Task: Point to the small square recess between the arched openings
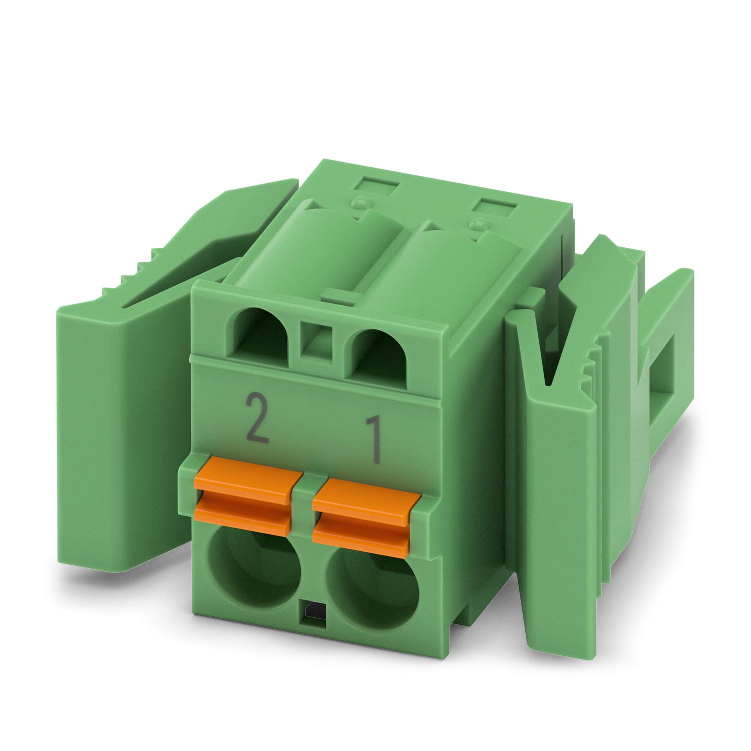[x=316, y=340]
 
